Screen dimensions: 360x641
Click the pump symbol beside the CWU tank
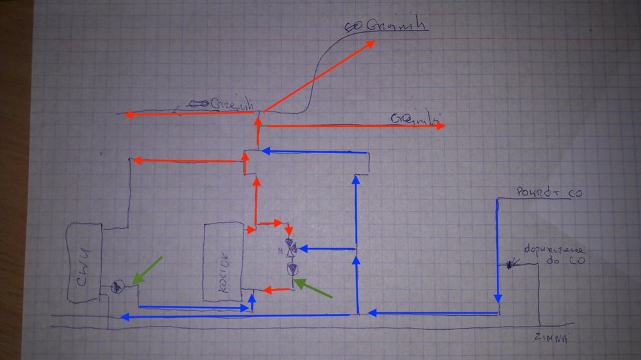(117, 286)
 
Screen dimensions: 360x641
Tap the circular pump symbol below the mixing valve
(292, 270)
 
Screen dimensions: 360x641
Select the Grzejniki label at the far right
(414, 118)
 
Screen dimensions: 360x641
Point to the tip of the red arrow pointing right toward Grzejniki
(443, 126)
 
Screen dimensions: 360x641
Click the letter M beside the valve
(281, 249)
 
